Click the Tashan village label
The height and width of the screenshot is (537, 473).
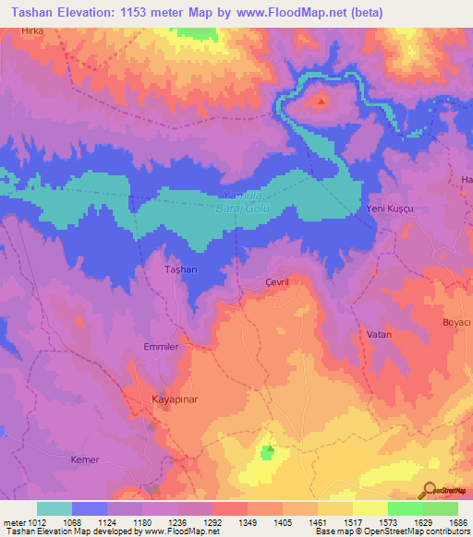[180, 268]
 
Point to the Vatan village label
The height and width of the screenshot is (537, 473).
[380, 334]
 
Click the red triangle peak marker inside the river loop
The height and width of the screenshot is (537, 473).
[321, 101]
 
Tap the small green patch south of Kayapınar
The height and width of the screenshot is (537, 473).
[268, 451]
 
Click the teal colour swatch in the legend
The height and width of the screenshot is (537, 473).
[55, 508]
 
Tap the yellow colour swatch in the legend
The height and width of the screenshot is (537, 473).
[370, 508]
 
